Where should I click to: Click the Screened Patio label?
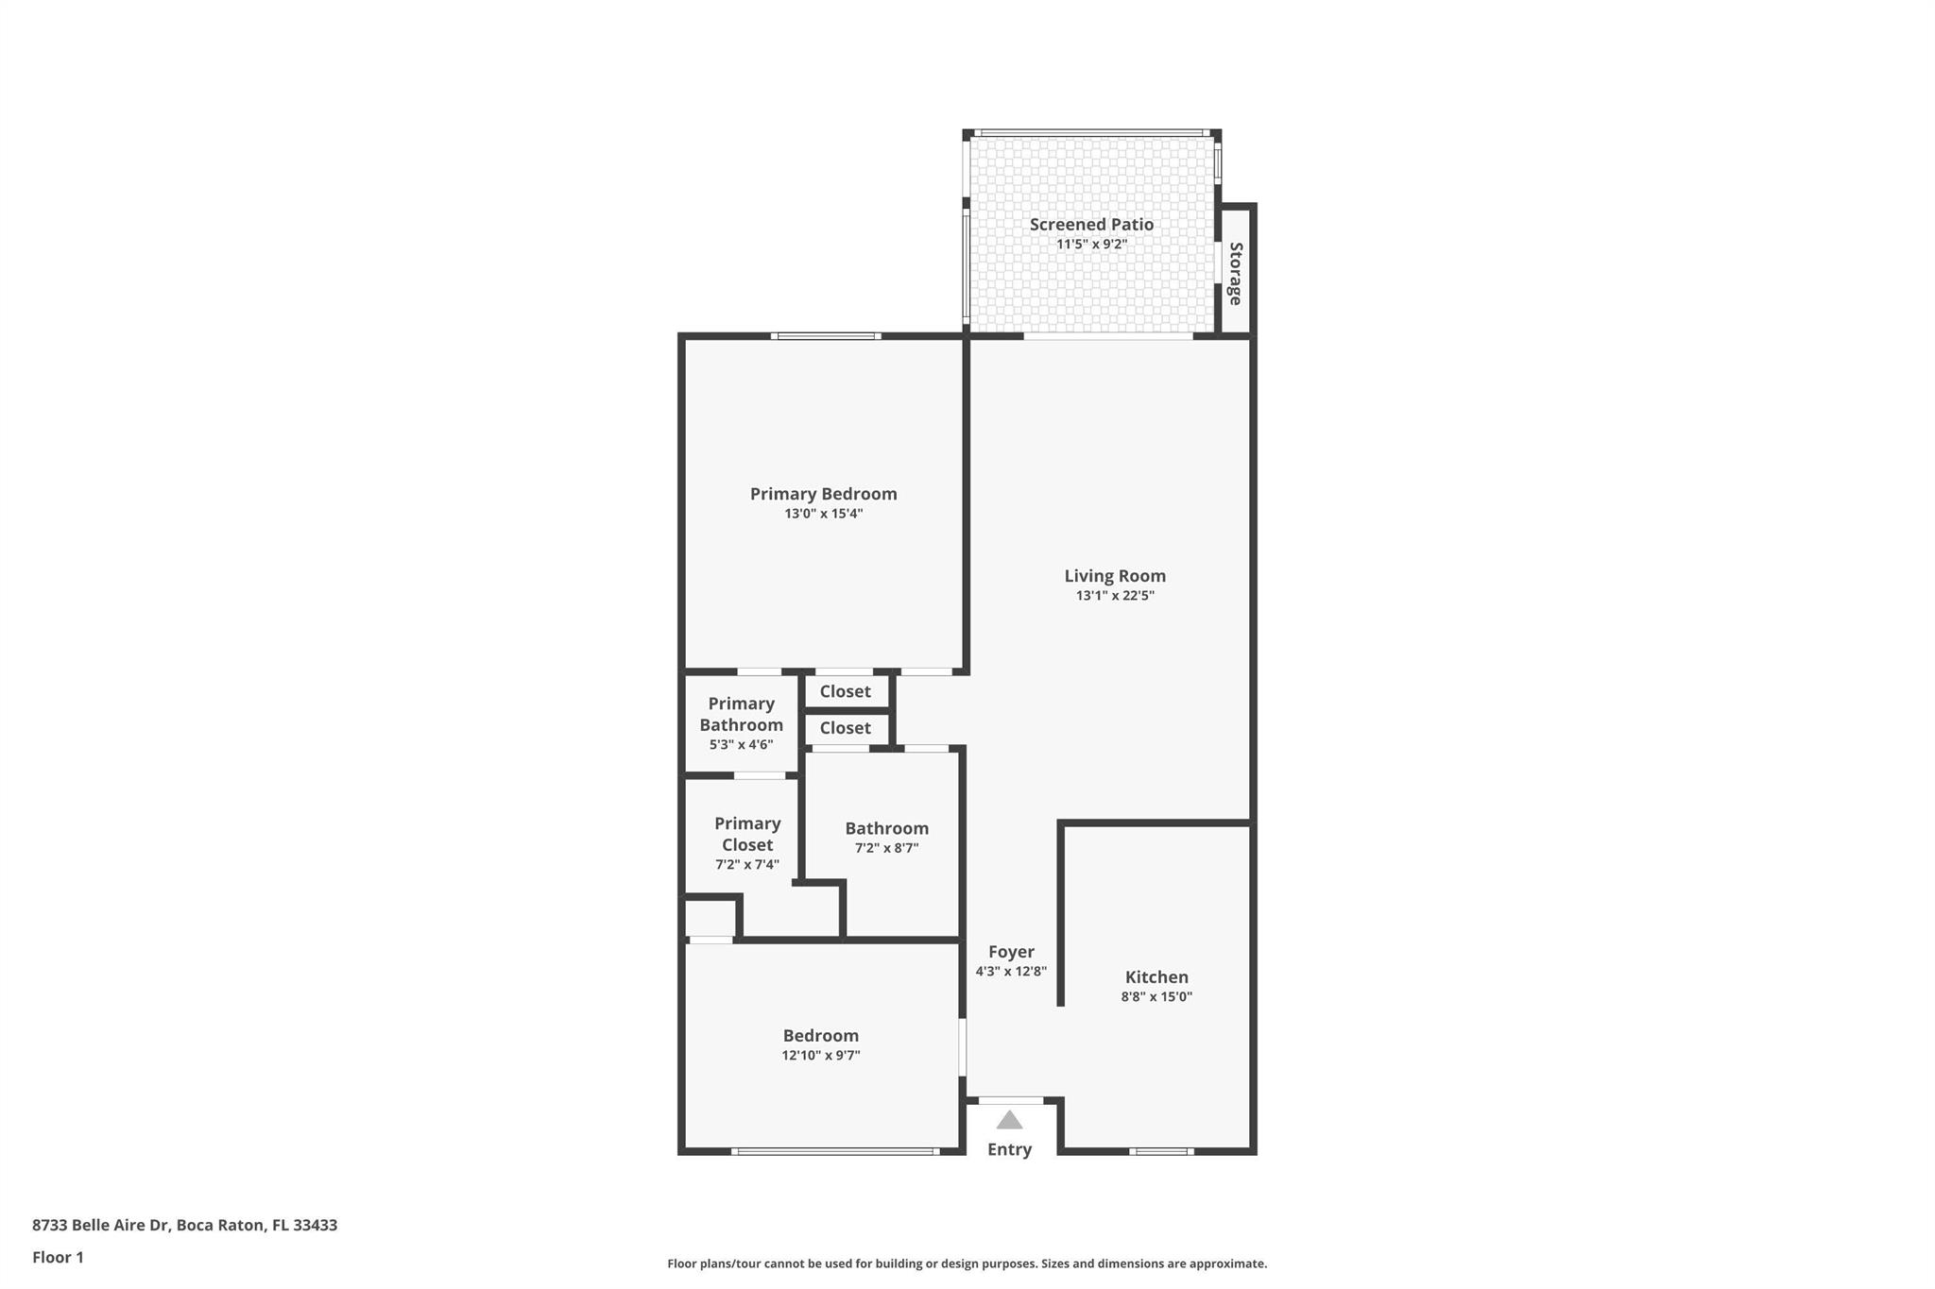[x=1091, y=225]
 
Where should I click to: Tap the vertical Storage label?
[x=1235, y=274]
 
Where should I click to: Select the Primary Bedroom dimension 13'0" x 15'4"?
[x=823, y=514]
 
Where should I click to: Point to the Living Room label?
[x=1115, y=576]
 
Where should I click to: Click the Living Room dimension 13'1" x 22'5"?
[x=1115, y=596]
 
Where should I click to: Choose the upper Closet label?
[x=845, y=691]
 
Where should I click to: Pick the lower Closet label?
[x=845, y=728]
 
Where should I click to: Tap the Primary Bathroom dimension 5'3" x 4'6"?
[x=741, y=744]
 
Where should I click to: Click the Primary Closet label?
[x=746, y=834]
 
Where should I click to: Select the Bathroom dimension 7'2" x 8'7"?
[x=886, y=848]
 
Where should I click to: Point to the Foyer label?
[x=1011, y=952]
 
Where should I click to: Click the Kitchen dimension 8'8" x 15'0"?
[x=1156, y=996]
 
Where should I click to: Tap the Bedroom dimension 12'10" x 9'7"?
[x=820, y=1055]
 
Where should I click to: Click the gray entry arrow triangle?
[x=1009, y=1121]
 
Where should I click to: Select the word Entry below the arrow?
[x=1009, y=1149]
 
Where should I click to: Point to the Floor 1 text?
[x=58, y=1257]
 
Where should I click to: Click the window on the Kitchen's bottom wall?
[x=1161, y=1151]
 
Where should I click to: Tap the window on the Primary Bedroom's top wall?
[x=826, y=335]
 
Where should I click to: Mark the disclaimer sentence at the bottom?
[x=967, y=1264]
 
